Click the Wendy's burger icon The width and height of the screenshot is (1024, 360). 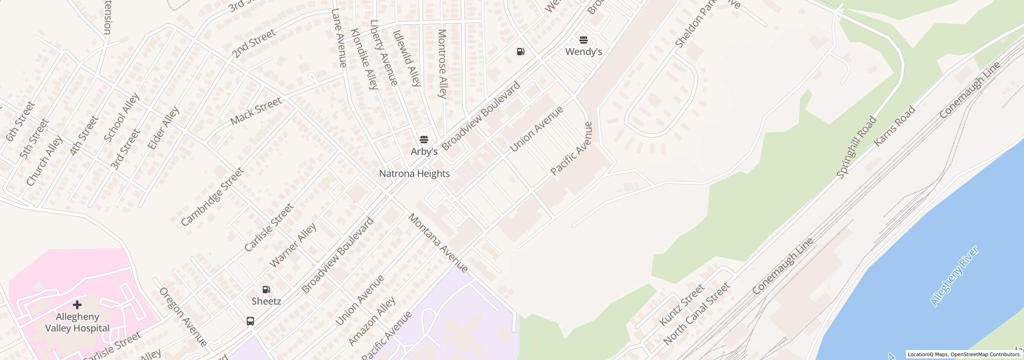[584, 40]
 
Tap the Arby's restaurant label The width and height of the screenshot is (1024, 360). [424, 152]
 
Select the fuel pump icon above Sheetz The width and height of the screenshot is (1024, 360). [266, 290]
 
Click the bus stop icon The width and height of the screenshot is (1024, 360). [250, 321]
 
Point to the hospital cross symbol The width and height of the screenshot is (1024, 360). [77, 305]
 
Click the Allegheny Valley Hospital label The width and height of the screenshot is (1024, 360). [77, 322]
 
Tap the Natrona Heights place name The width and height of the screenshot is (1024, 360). [414, 174]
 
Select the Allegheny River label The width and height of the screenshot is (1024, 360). [954, 276]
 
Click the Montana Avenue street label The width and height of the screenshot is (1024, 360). [438, 243]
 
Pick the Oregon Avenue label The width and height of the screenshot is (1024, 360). [183, 317]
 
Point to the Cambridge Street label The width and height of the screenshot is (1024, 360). [212, 197]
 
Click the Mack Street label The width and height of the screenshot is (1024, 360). [256, 111]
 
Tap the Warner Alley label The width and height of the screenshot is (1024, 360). [293, 245]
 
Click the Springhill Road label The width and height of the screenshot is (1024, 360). [856, 147]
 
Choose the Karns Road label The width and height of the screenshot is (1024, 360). [894, 126]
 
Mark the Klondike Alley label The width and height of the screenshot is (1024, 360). [364, 59]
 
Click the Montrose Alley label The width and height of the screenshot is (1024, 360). [442, 64]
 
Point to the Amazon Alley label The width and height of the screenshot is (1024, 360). [372, 321]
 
